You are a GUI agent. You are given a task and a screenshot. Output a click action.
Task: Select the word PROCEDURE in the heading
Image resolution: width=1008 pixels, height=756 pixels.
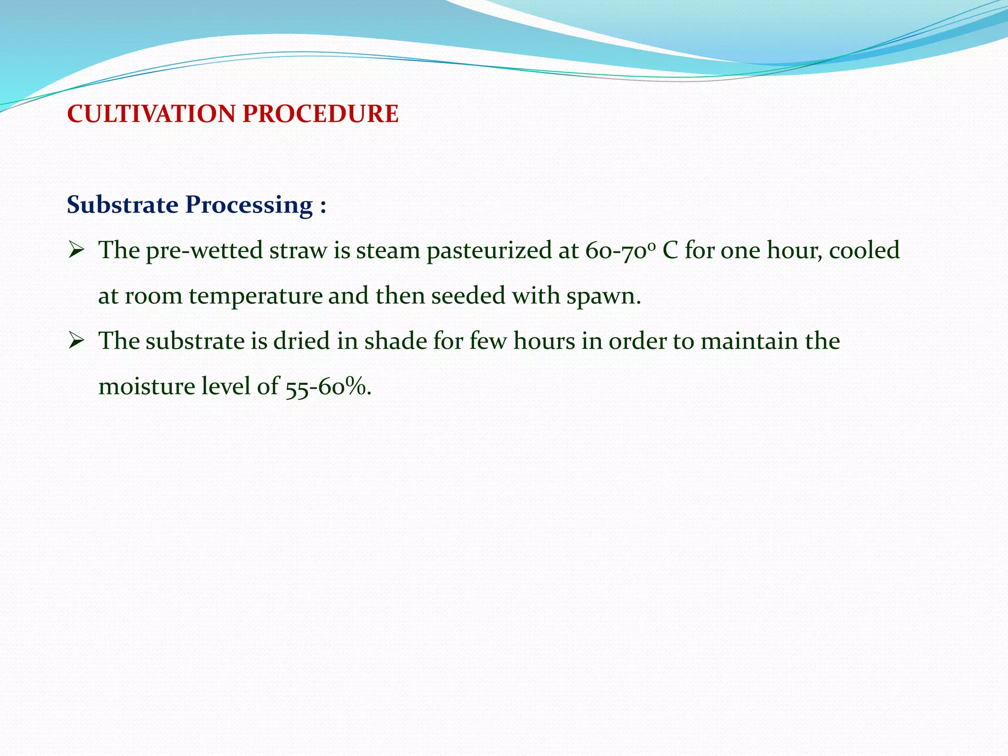(320, 114)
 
